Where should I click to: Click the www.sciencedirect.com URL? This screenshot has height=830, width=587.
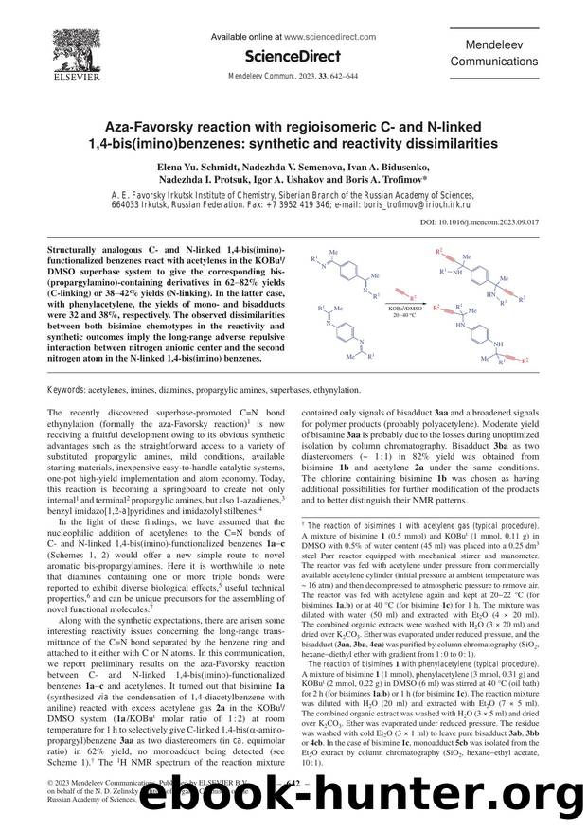tap(319, 36)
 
